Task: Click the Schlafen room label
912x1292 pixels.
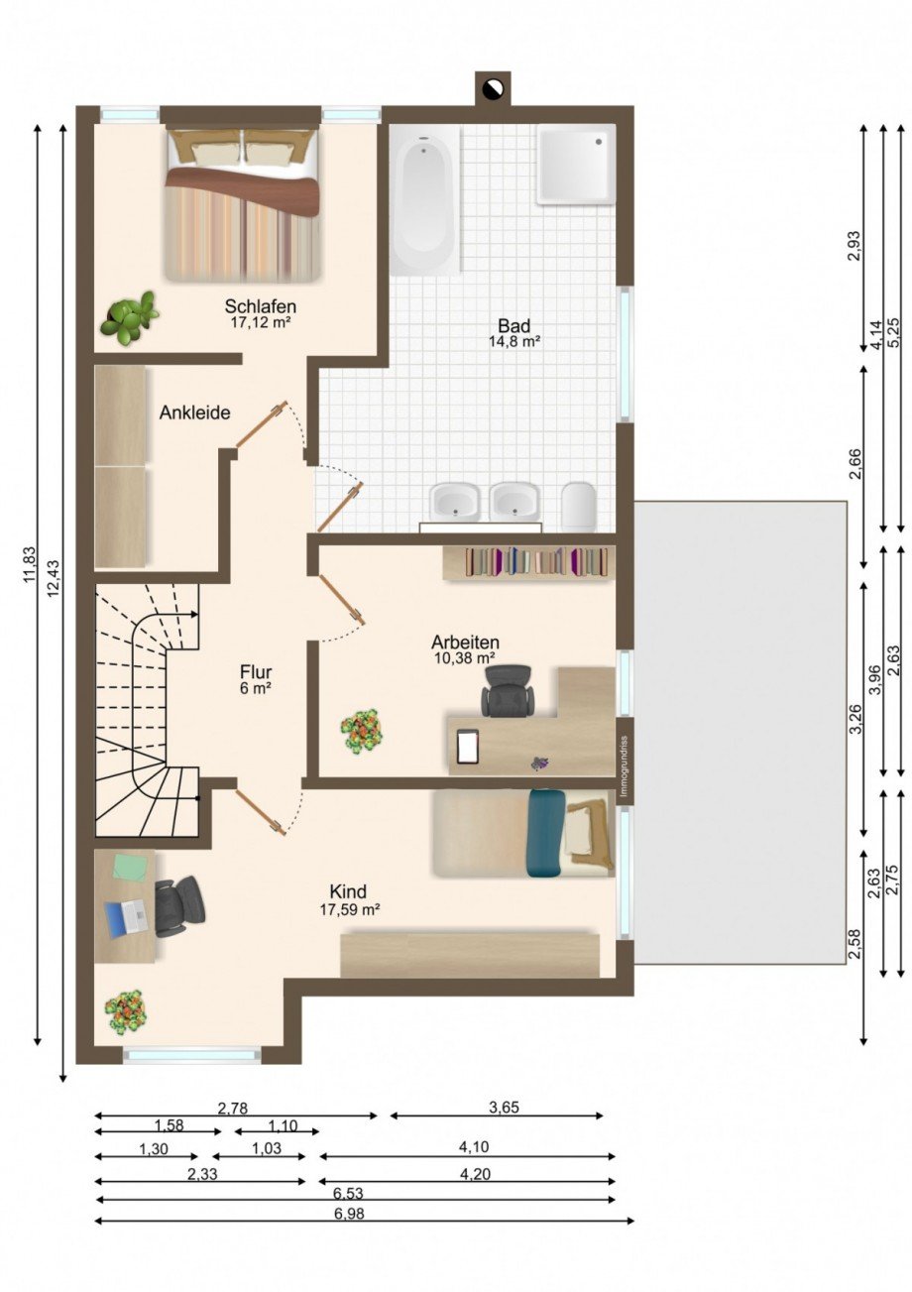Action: click(261, 305)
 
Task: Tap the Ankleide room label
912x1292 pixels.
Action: click(195, 412)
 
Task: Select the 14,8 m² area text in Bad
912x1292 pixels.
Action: click(514, 341)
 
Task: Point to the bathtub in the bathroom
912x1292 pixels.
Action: click(425, 201)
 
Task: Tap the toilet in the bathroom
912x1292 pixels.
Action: click(578, 507)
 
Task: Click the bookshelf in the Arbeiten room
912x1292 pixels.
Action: click(529, 562)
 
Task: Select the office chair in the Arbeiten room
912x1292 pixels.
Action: click(508, 691)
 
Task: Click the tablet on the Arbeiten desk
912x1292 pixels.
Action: click(468, 747)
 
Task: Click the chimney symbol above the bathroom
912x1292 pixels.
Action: click(493, 87)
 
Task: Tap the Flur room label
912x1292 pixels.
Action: click(256, 672)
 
